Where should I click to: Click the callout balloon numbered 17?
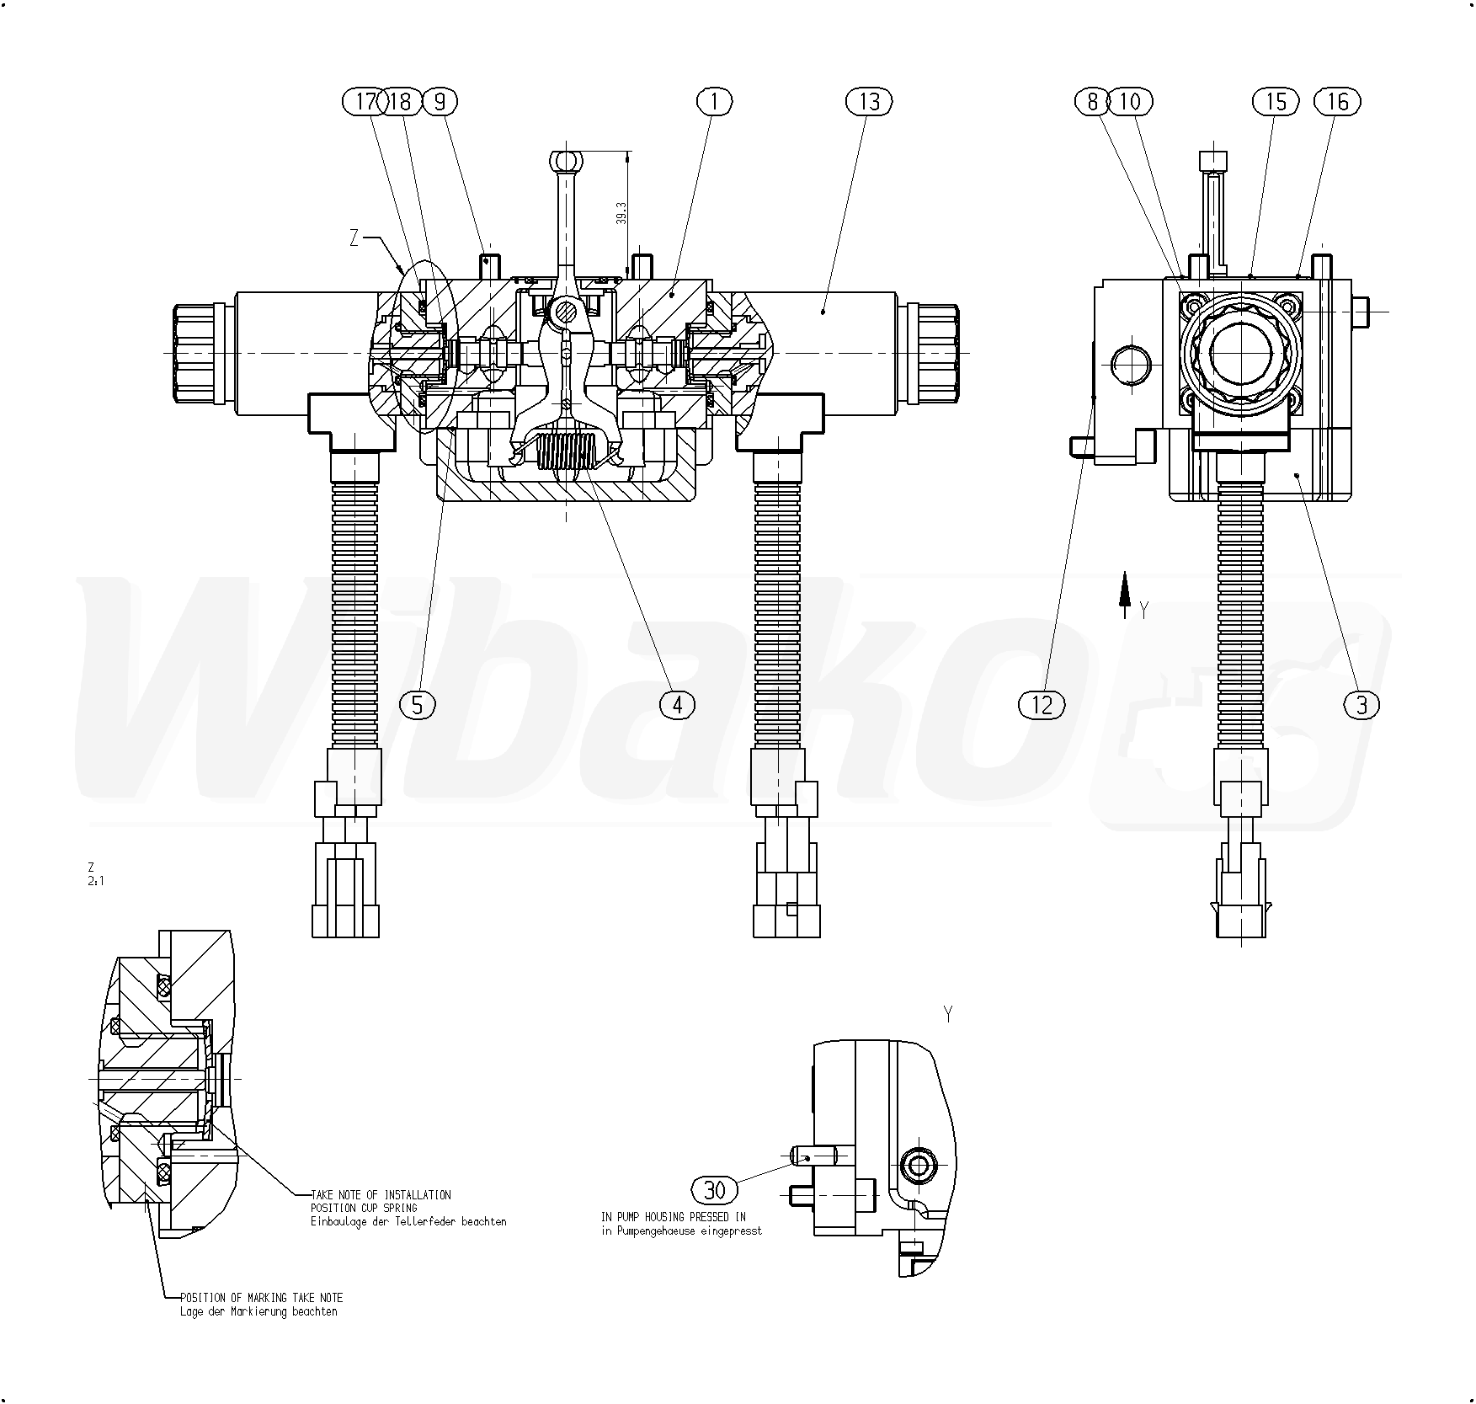tap(365, 102)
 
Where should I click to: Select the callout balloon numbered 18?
tap(401, 102)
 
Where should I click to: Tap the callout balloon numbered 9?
tap(440, 102)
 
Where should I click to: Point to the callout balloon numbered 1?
tap(715, 102)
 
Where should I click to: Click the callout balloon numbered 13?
tap(869, 102)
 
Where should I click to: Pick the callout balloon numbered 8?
tap(1093, 102)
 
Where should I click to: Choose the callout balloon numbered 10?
tap(1130, 102)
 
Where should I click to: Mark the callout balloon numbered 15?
tap(1276, 102)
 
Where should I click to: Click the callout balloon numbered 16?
tap(1337, 102)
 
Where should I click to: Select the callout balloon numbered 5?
tap(418, 704)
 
